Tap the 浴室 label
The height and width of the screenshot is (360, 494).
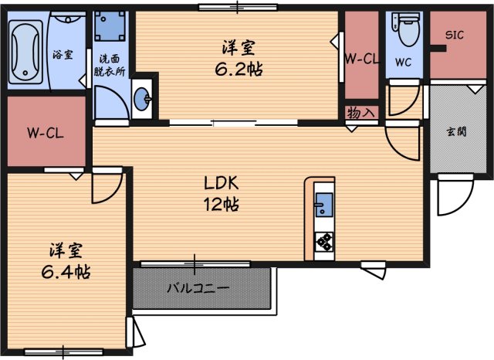[x=63, y=55]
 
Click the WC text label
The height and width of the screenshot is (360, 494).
[x=404, y=62]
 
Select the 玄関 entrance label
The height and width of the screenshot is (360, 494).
[x=455, y=131]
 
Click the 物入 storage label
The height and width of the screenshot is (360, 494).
[x=360, y=112]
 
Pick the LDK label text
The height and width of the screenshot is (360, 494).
[x=222, y=184]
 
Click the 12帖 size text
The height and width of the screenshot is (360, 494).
[x=222, y=205]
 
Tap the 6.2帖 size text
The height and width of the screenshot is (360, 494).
[x=239, y=69]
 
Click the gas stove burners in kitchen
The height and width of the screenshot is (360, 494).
[x=323, y=241]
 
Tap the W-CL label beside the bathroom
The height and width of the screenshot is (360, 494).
[x=45, y=132]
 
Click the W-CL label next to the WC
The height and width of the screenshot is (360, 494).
[x=360, y=59]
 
